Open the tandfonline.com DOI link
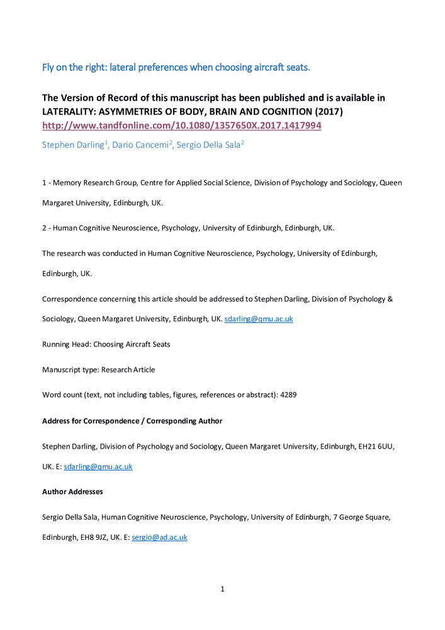tap(181, 125)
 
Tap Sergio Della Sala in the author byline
tap(201, 144)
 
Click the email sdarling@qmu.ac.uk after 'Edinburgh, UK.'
tap(259, 319)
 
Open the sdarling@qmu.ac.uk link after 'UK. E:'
tap(98, 467)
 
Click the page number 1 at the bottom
tap(222, 589)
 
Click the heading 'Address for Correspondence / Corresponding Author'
tap(132, 420)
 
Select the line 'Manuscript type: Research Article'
tap(98, 370)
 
